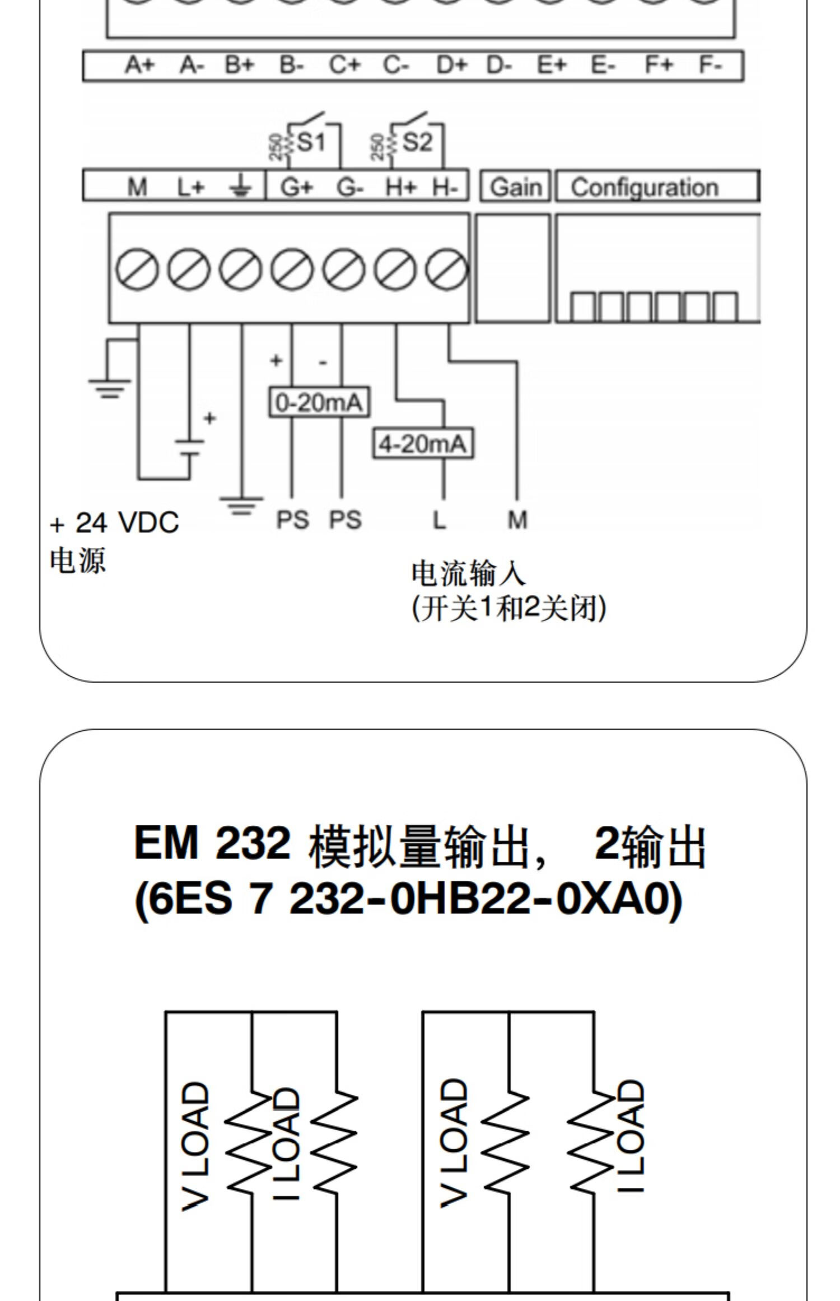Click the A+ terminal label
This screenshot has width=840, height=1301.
point(139,66)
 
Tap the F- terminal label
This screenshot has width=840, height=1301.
point(711,66)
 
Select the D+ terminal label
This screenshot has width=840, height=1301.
point(451,66)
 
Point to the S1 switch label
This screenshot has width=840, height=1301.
point(311,142)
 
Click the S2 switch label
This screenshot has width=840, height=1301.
point(417,142)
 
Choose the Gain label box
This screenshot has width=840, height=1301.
point(516,187)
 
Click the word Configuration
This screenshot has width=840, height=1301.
point(644,187)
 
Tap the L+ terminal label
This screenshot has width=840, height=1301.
point(191,187)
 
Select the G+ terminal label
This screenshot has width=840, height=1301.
point(297,187)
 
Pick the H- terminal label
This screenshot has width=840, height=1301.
point(445,187)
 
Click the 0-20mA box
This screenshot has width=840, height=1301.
point(319,402)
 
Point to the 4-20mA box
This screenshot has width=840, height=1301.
point(423,444)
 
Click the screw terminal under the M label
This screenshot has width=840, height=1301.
point(137,270)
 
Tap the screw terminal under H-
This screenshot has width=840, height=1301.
point(446,270)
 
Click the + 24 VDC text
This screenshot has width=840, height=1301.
point(114,523)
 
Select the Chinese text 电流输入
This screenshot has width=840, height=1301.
point(468,573)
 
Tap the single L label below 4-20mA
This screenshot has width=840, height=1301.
point(440,520)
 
